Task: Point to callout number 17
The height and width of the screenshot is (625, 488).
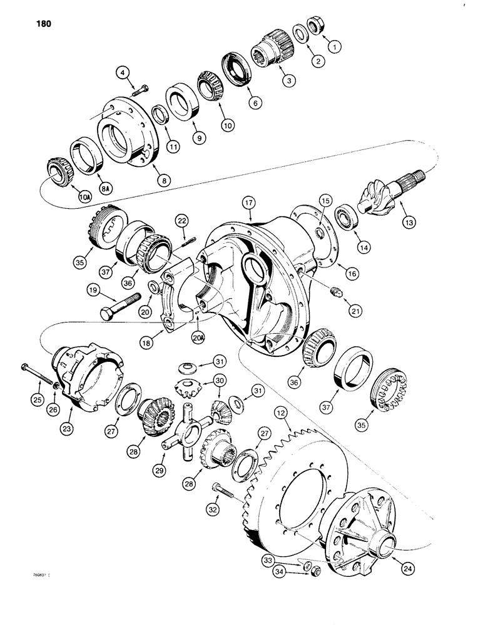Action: point(248,203)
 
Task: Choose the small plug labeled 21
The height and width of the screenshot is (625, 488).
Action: point(335,290)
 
